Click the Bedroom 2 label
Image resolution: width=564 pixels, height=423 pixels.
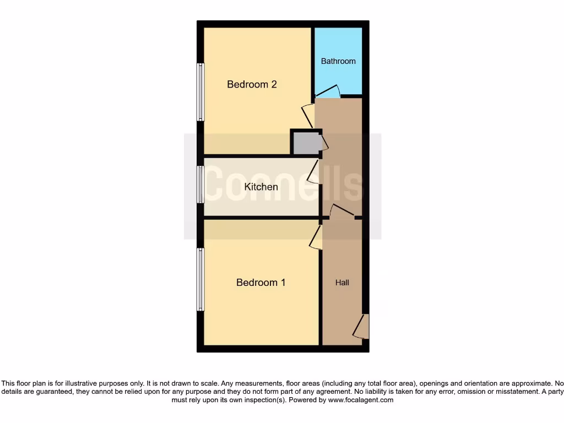[252, 84]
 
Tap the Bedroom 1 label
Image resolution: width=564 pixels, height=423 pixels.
[261, 283]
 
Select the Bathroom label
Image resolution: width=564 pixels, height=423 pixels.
[338, 61]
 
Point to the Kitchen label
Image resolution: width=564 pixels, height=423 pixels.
[261, 187]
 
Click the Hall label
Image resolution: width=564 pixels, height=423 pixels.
[342, 283]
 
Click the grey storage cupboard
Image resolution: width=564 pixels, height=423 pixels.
[306, 143]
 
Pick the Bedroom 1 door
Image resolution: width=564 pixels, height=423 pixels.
[316, 237]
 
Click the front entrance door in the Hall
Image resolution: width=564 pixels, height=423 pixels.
[362, 326]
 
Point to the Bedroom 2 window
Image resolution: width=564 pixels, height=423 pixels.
[201, 91]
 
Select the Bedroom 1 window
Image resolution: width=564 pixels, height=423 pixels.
[201, 279]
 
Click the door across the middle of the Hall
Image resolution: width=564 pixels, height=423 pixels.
[341, 211]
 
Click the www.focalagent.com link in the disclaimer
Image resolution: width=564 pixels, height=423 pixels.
[360, 400]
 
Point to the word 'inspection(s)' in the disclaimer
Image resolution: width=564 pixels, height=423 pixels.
[263, 400]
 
